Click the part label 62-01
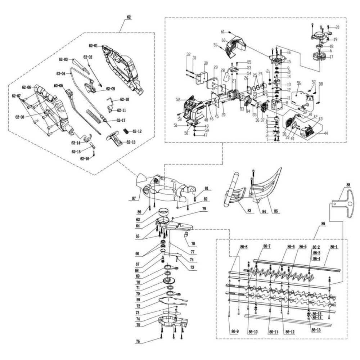coord(93,46)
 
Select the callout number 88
coord(348,185)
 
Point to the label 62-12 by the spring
coord(137,131)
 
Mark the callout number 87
coord(134,198)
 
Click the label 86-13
coord(316,330)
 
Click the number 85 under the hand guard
coord(276,211)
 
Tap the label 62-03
coord(63,59)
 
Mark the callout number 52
coord(178,99)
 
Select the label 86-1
coord(334,247)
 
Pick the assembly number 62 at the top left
coord(129,17)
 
